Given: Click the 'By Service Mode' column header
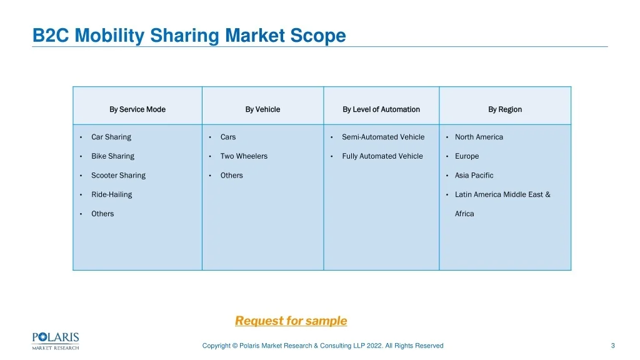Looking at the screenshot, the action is (x=137, y=109).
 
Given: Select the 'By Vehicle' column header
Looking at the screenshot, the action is (x=262, y=109).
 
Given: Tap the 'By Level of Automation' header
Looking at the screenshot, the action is (x=381, y=109).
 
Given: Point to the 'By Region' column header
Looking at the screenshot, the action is (x=505, y=109).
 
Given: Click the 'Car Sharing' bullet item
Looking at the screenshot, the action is (x=111, y=137).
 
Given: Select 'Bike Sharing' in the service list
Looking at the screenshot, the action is (x=112, y=156).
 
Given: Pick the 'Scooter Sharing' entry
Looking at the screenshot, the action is (x=118, y=176).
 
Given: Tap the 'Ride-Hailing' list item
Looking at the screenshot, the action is (x=111, y=195).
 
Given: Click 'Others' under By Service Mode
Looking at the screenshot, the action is (x=102, y=214).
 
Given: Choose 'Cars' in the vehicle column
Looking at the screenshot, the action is (x=227, y=137).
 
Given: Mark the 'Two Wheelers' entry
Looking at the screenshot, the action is (x=244, y=156).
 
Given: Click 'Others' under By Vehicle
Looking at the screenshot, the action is (x=231, y=175).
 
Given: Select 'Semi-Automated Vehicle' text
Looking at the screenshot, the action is (x=383, y=137).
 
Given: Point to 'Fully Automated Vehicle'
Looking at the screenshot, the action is (x=382, y=156).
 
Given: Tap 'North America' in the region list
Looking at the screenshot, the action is (x=479, y=137).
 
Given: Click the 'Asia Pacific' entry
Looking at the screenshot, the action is (x=474, y=175).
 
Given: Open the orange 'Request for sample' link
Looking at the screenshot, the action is (x=291, y=321).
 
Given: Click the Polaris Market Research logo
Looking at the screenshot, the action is (x=56, y=341).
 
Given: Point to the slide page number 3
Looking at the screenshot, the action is (x=612, y=346).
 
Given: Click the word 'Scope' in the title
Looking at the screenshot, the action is (x=318, y=36).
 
